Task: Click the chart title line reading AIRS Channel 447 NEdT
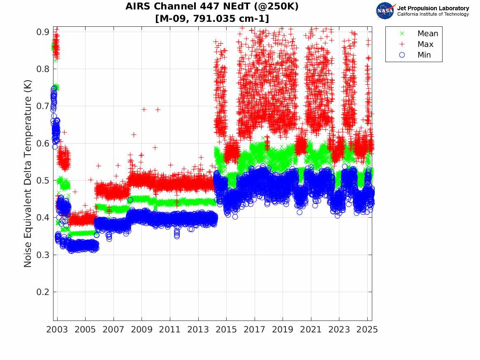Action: [212, 7]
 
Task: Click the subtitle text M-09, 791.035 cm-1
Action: [212, 19]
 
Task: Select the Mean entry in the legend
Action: [427, 34]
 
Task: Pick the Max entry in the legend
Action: [425, 44]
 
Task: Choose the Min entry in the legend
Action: [424, 55]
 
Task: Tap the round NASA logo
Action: [385, 11]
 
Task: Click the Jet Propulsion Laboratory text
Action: [433, 8]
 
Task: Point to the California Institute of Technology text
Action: [433, 14]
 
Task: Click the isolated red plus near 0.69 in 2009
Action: [144, 109]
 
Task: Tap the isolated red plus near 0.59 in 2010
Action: [155, 147]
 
